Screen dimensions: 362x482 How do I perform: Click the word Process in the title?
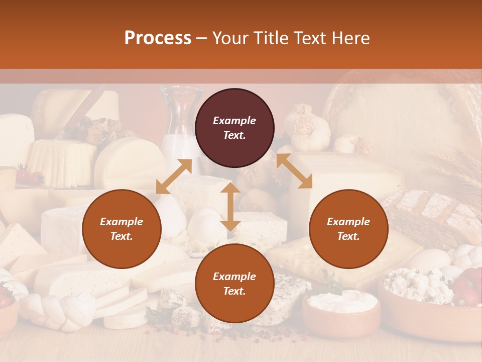[x=158, y=38]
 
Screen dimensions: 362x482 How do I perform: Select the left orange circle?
[x=122, y=229]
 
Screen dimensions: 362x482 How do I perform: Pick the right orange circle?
[x=348, y=229]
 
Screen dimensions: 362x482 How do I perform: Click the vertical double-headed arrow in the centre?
[x=230, y=207]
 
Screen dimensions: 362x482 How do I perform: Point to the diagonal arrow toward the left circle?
[x=174, y=176]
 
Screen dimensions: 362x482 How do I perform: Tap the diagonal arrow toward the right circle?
[x=294, y=171]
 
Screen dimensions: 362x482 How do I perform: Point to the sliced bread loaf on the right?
[x=432, y=211]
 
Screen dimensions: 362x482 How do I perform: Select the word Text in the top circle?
[x=234, y=135]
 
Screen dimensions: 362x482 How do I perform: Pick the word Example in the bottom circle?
[x=234, y=277]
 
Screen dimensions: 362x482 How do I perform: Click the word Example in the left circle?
[x=122, y=222]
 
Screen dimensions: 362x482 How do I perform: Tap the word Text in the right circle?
[x=348, y=236]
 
